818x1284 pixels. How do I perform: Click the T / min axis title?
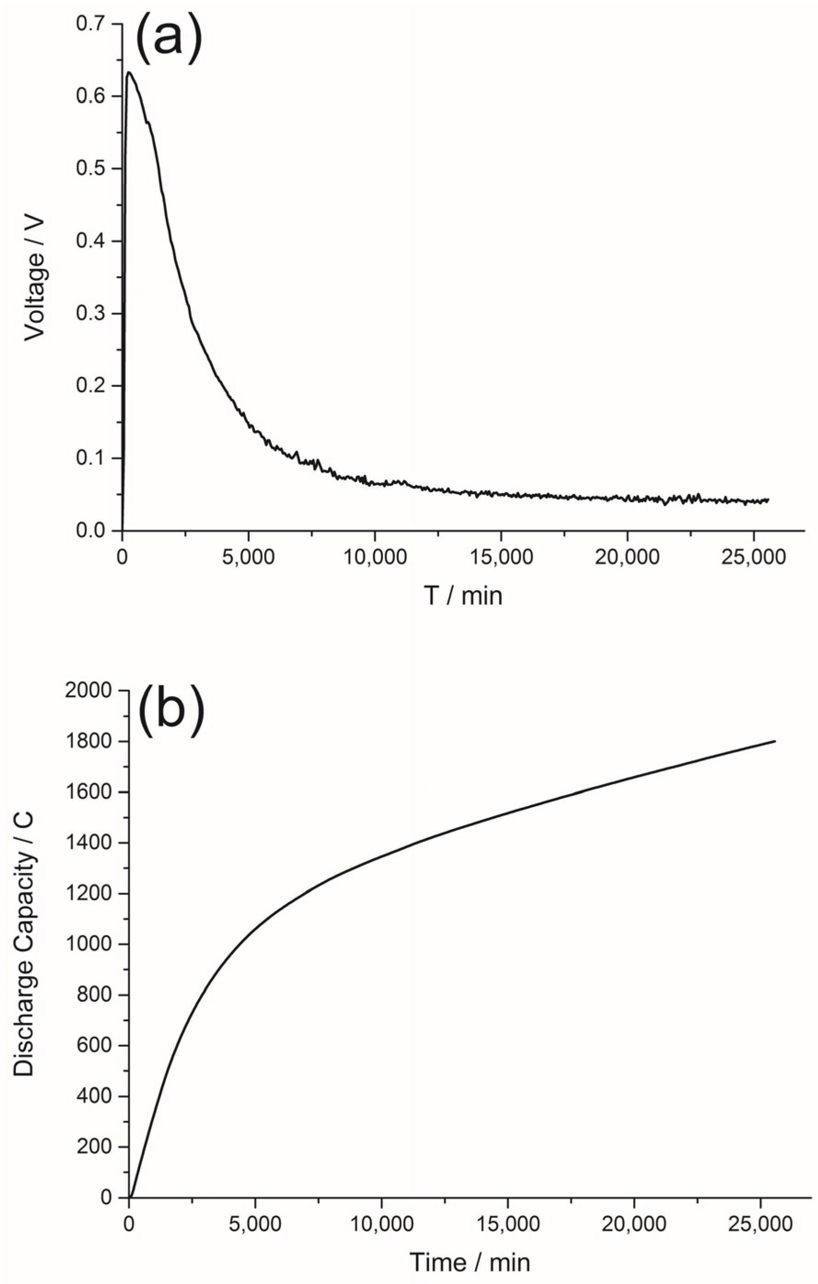[463, 596]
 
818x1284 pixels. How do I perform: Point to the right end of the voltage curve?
[768, 500]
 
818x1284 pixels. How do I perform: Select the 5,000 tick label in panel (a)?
[249, 557]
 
